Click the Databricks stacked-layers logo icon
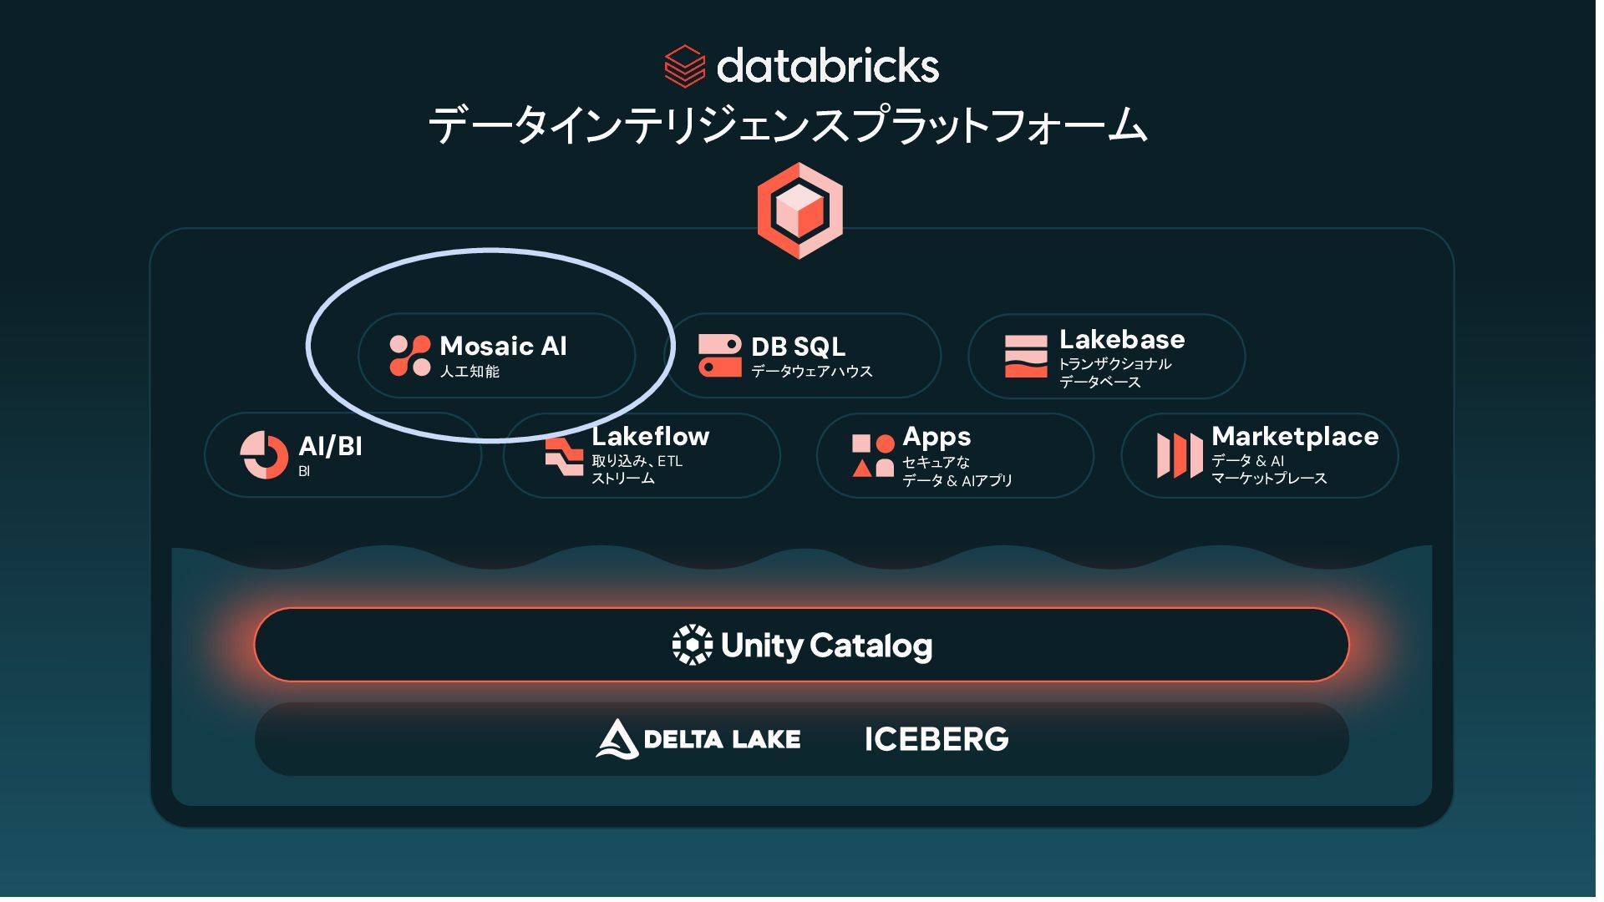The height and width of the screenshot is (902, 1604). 684,66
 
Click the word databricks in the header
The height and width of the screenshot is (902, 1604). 827,66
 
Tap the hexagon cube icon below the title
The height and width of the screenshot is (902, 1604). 799,210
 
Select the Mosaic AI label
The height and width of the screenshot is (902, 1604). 503,346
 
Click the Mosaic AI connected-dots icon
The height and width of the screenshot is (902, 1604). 410,356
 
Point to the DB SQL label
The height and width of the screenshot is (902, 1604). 798,347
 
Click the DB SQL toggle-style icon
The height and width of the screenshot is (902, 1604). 719,356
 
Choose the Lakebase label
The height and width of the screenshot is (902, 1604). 1122,340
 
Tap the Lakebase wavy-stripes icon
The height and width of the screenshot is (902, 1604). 1026,357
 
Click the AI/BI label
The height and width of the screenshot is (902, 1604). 331,446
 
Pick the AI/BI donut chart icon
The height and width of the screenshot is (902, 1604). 264,455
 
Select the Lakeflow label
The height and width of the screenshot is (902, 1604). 650,436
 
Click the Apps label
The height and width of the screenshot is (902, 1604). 937,437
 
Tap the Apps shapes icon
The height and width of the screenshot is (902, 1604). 873,456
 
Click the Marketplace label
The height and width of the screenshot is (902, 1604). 1295,436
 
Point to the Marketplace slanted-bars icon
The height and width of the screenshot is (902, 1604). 1179,456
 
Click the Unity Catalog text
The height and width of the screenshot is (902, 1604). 826,646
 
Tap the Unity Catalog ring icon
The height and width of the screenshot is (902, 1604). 693,645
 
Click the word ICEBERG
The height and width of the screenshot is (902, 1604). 937,739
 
